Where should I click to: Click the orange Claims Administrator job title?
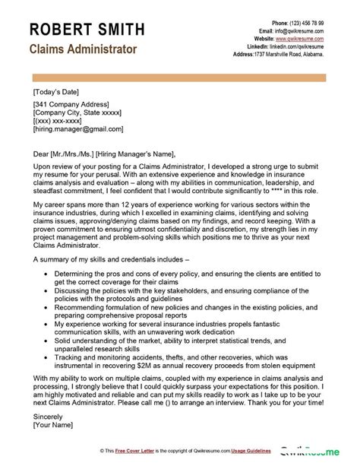83,49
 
